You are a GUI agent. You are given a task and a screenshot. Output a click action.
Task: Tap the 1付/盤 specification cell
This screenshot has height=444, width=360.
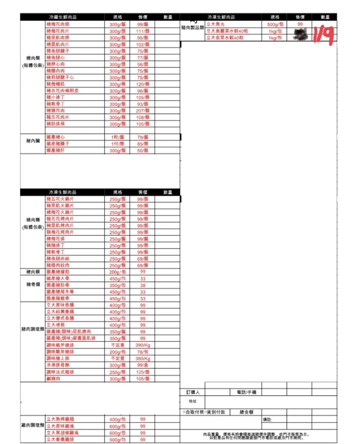(118, 144)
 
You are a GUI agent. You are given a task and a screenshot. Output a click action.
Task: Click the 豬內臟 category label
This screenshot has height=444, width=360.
(33, 141)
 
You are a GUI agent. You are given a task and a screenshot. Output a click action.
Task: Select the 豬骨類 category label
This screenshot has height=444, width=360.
(33, 285)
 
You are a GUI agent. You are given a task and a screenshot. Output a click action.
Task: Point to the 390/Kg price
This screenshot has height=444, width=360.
(142, 345)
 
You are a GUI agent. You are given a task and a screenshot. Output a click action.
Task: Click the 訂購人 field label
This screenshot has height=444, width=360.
(193, 393)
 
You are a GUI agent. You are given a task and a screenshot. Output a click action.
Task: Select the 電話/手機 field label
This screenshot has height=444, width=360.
(246, 393)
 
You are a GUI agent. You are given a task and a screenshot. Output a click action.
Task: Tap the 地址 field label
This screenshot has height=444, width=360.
(193, 402)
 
